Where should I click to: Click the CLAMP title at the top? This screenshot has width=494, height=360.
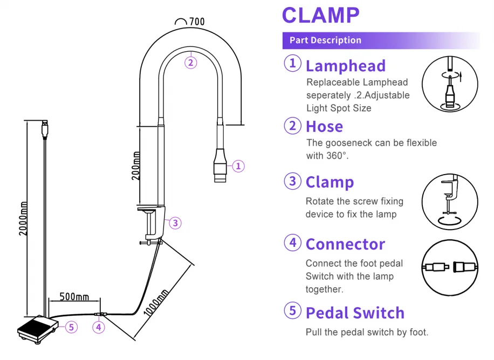coord(320,15)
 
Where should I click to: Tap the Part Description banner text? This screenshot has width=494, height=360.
coord(325,40)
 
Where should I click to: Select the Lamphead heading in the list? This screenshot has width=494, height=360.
coord(345,66)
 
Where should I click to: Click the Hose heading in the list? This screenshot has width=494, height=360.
coord(324,126)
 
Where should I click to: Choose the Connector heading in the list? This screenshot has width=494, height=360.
coord(345,244)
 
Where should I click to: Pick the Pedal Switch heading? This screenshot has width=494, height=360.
coord(355,313)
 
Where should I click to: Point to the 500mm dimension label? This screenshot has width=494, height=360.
coord(74,297)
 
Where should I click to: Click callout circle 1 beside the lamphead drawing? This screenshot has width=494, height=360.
coord(238,166)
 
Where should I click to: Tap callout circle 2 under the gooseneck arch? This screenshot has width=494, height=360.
coord(190,63)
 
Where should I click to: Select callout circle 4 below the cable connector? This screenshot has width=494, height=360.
coord(98,327)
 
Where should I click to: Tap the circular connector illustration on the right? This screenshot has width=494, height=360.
coord(450,266)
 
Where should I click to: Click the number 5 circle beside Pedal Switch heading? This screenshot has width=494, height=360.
coord(292,311)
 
